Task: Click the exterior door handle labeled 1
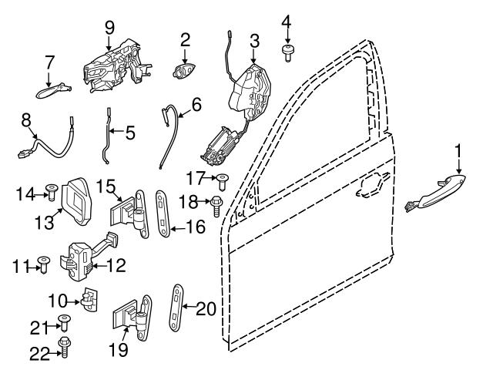point(435,189)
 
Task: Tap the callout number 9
point(109,27)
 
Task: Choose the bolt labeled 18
point(217,204)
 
